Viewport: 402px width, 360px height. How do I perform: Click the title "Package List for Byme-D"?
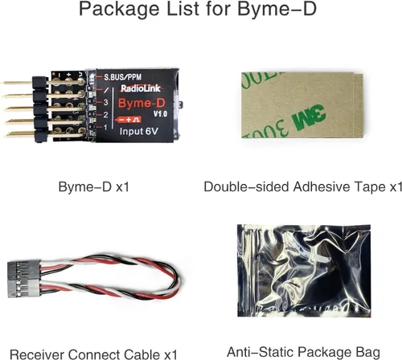tap(198, 9)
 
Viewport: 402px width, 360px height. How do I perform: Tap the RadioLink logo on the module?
tap(141, 88)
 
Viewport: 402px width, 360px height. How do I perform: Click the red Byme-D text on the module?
tap(142, 104)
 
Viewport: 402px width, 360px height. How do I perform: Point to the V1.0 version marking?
tap(160, 114)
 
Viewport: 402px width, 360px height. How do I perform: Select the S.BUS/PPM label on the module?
tap(122, 77)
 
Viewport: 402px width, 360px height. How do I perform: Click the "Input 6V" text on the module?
tap(138, 131)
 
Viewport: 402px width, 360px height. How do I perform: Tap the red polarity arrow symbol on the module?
tap(128, 120)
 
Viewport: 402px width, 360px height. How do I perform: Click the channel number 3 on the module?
tap(105, 102)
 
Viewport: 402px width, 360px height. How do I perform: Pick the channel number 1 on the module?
tap(105, 127)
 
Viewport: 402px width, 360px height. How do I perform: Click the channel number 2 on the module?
tap(105, 115)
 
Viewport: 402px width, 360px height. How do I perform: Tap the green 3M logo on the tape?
tap(309, 117)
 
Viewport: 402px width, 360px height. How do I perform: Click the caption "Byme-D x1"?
tap(94, 186)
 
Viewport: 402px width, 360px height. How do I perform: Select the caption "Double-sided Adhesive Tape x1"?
tap(303, 186)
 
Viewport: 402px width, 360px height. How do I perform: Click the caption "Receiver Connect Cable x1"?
tap(93, 354)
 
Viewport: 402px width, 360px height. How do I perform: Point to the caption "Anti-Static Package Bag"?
tap(303, 352)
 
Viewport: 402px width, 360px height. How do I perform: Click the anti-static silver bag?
tap(304, 271)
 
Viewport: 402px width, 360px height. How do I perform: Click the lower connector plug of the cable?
tap(24, 288)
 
